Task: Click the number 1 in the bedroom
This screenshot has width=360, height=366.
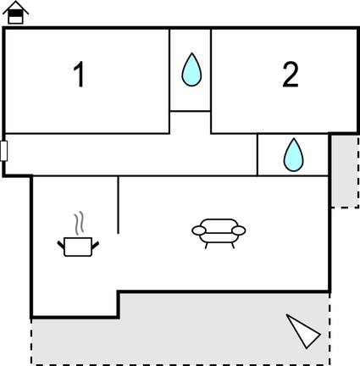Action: click(x=80, y=75)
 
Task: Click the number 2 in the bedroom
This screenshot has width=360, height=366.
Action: click(x=291, y=75)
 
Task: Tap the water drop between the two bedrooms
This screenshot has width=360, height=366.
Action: click(x=191, y=69)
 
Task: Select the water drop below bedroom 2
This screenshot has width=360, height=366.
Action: click(x=293, y=155)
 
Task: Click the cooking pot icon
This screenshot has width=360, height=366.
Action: click(x=78, y=247)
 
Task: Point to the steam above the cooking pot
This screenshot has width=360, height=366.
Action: click(x=79, y=223)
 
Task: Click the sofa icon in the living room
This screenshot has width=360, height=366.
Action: click(x=219, y=234)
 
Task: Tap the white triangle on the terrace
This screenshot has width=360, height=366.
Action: click(x=303, y=331)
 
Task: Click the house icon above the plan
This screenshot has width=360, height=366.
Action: click(x=15, y=13)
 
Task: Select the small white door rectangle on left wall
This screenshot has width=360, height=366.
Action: click(x=3, y=151)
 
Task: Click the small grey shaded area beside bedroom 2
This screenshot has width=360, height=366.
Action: click(x=345, y=171)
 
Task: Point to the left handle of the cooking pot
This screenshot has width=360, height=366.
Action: click(x=61, y=245)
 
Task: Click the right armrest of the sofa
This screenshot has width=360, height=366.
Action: click(x=239, y=230)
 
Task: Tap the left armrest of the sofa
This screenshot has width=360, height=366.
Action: click(x=199, y=230)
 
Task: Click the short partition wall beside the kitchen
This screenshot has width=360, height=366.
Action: click(x=118, y=205)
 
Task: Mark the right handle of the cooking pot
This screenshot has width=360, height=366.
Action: click(x=95, y=245)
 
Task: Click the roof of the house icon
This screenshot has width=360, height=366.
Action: click(x=15, y=7)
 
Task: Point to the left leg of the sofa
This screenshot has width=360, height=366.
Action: click(x=206, y=246)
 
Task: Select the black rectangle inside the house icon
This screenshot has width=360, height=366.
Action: click(x=15, y=14)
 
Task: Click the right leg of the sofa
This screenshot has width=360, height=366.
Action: click(x=233, y=246)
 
